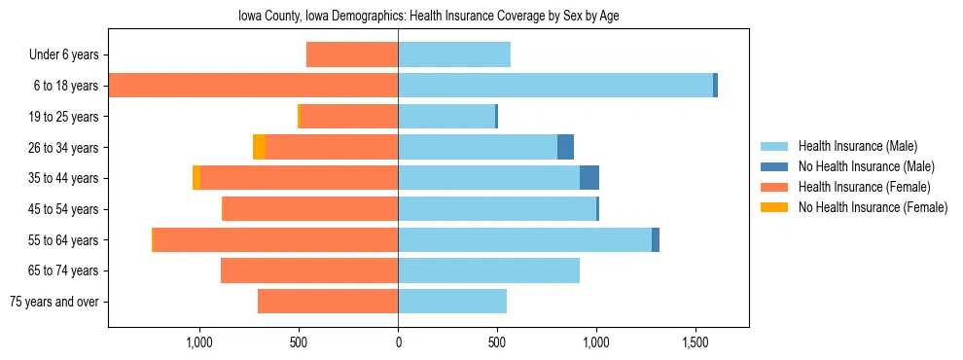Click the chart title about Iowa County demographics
tap(428, 17)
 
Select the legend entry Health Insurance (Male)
tap(857, 146)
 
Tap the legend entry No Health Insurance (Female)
tap(873, 207)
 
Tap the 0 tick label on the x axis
tap(398, 342)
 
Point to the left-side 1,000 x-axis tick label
tap(198, 342)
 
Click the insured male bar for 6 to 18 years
tap(554, 86)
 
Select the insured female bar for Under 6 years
tap(352, 54)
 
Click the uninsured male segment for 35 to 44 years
tap(589, 178)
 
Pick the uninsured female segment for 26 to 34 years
tap(259, 147)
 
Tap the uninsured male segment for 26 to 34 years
tap(565, 147)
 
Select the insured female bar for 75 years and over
tap(328, 302)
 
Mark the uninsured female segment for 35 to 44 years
tap(196, 178)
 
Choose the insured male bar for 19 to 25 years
tap(446, 117)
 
